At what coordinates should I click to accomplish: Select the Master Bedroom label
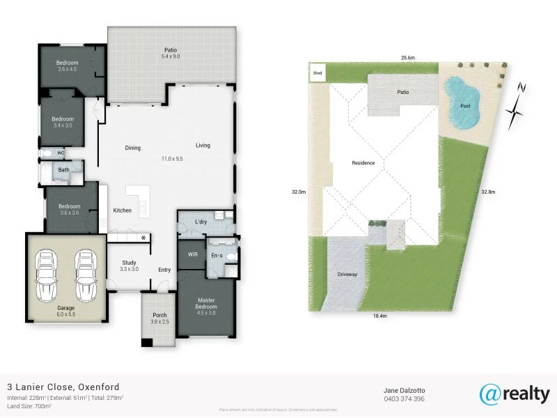point(207,304)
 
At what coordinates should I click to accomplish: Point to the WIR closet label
point(194,255)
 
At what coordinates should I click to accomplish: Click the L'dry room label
point(201,222)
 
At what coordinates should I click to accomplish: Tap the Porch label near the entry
point(159,318)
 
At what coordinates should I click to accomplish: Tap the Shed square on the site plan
point(318,72)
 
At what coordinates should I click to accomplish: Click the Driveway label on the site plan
point(347,274)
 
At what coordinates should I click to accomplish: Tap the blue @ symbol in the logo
point(489,393)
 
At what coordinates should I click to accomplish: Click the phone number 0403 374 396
point(404,399)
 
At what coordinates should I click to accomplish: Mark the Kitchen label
point(122,210)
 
